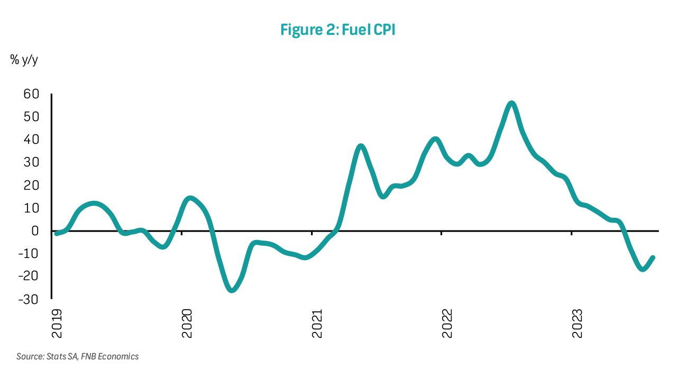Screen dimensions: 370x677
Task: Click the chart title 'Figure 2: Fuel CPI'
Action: click(338, 30)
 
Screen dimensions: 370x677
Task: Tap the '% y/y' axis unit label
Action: click(24, 60)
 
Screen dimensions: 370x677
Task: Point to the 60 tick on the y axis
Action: click(31, 94)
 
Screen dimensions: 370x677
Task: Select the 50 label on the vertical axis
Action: click(31, 117)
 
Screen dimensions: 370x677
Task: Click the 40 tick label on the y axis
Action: click(31, 140)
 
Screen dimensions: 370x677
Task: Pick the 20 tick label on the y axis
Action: click(31, 186)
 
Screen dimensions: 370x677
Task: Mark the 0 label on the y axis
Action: click(35, 231)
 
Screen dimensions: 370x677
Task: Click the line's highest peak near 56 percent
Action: click(511, 103)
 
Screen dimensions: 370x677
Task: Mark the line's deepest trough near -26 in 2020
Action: click(232, 290)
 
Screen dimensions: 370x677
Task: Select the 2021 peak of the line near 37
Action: click(361, 146)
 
